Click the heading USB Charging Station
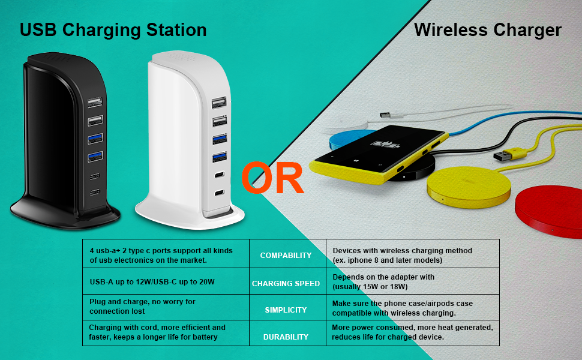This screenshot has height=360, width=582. point(113,30)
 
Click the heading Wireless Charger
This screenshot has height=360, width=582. point(487,30)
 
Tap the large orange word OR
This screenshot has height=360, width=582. point(273,179)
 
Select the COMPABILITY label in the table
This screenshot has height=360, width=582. point(286,256)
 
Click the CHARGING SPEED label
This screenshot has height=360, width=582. point(286,283)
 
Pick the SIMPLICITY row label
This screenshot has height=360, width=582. point(286,310)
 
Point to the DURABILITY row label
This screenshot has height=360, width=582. point(286,337)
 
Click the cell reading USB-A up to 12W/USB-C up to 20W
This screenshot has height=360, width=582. point(152,281)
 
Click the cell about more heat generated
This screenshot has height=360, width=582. point(412,332)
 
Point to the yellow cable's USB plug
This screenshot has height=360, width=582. point(503,155)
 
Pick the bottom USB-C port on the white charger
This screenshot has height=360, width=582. point(219,193)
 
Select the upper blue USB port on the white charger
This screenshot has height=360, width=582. point(218,139)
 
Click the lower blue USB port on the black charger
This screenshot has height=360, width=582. point(95,157)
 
